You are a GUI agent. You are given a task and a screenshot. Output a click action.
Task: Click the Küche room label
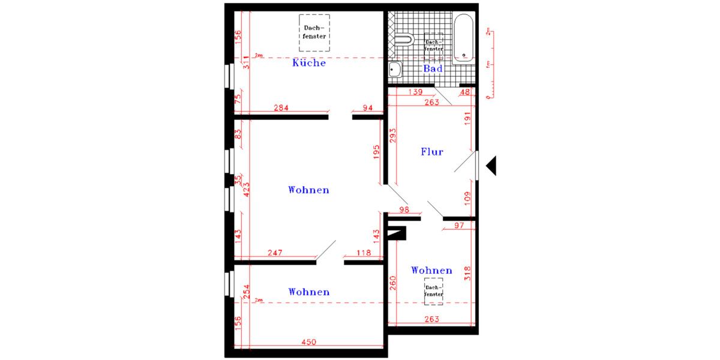(309, 63)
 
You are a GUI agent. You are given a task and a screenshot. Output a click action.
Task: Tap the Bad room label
(433, 69)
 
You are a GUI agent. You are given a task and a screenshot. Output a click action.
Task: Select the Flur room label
(431, 152)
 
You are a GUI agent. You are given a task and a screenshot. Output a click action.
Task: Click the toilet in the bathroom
(404, 40)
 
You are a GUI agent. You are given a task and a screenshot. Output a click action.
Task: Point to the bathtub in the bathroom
(463, 38)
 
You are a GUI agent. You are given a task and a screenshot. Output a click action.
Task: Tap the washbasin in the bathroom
(395, 70)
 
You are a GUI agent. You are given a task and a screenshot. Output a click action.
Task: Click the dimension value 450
(308, 342)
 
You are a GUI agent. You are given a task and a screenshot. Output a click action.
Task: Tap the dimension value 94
(367, 108)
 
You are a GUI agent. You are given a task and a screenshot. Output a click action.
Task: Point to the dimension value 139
(415, 92)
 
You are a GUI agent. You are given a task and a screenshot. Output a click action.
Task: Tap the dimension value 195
(376, 151)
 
